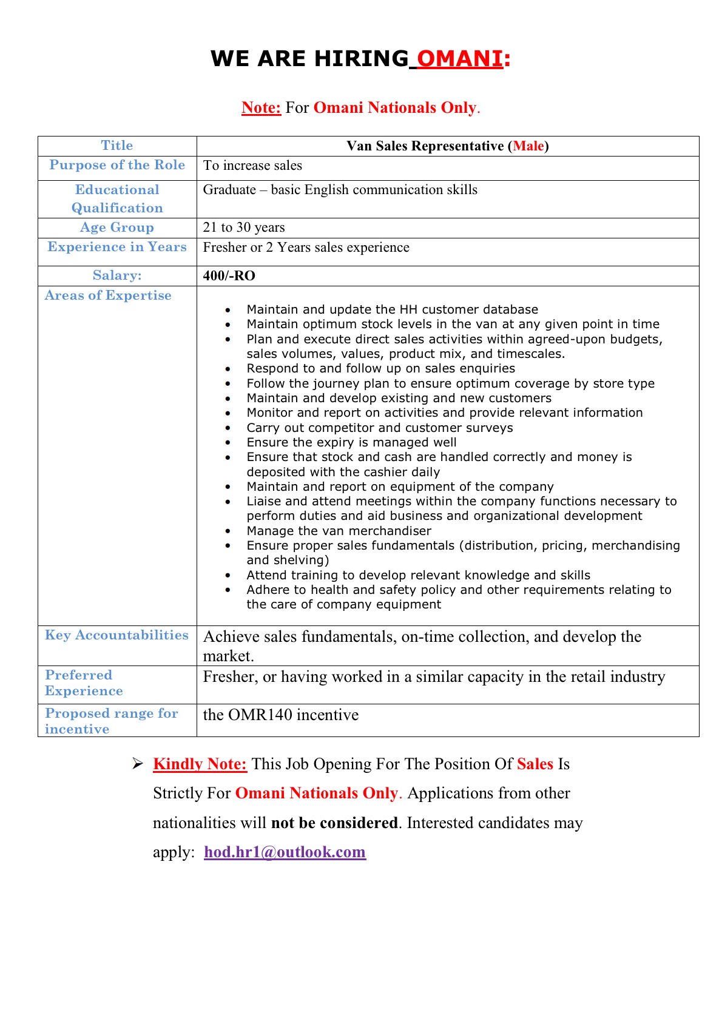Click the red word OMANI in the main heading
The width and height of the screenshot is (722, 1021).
pos(460,59)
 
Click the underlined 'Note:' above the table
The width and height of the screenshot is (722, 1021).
pos(261,107)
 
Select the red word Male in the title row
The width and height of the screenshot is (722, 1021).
pos(528,146)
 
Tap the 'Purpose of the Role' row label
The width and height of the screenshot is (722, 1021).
pos(117,165)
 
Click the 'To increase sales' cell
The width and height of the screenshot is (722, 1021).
pos(252,166)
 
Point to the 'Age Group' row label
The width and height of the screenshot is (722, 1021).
pos(117,227)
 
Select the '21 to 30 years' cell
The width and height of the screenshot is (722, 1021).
pos(244,227)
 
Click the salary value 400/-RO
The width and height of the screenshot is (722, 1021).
pos(229,276)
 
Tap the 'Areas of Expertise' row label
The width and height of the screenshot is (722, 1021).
pos(108,295)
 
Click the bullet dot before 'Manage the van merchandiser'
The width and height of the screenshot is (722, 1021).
pos(228,531)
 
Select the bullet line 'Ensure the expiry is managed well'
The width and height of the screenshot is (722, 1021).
pos(351,442)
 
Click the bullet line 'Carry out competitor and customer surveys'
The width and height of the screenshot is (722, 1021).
pos(379,428)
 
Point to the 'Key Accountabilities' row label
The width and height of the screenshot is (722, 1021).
pos(116,635)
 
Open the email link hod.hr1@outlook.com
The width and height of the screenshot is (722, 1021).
pos(285,852)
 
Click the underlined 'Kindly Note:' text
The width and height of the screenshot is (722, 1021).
pos(200,764)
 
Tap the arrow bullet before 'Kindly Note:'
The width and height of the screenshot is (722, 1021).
pos(137,764)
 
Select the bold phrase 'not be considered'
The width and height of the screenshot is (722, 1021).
pos(334,823)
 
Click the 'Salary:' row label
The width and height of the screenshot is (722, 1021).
pos(117,275)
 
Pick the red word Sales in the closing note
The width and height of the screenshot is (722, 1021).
pos(535,764)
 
